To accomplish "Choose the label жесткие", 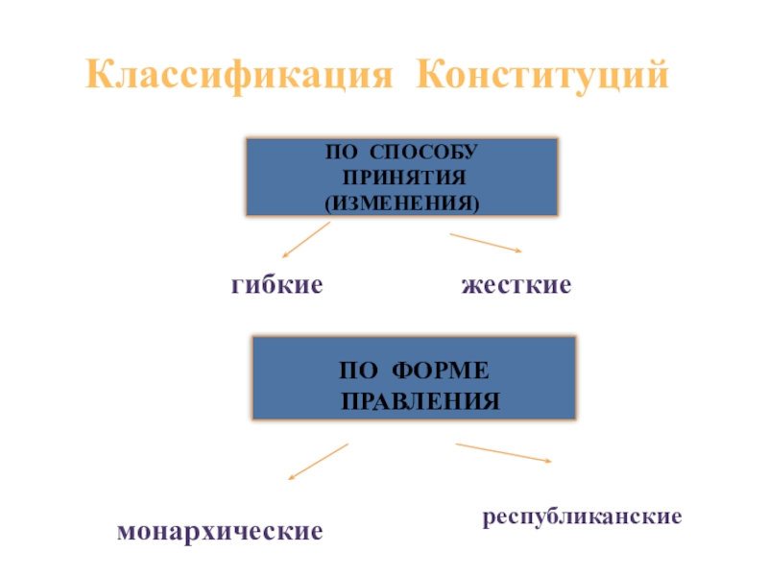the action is [x=516, y=285].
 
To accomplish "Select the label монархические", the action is [x=220, y=530].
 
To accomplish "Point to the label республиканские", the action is [x=582, y=516].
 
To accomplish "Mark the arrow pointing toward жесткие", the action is [x=486, y=243].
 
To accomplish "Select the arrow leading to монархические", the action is [x=318, y=461].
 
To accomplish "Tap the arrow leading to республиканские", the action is [x=504, y=453].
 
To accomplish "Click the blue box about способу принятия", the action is [x=402, y=177].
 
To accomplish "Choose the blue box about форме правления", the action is [x=414, y=378].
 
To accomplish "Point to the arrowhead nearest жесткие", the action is [x=518, y=252].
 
